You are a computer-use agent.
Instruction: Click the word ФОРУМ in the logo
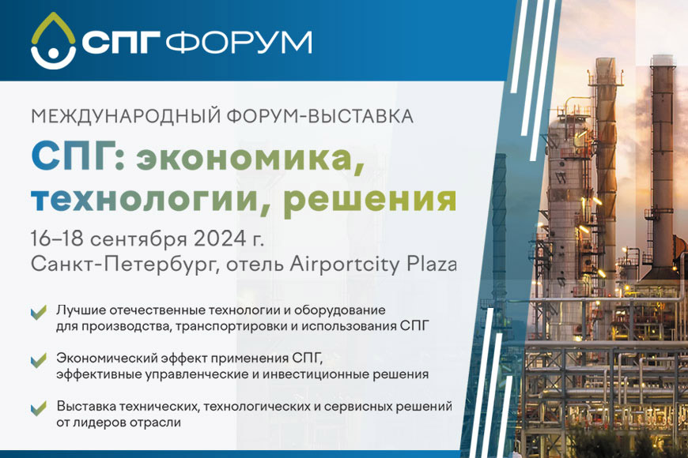[244, 43]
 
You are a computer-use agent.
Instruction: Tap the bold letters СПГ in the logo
[123, 43]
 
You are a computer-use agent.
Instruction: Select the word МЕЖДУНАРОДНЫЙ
[117, 116]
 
